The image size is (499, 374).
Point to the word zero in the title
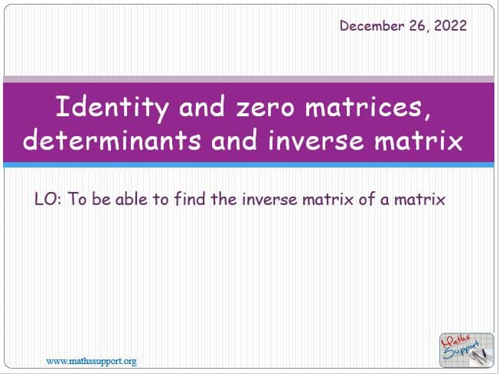[265, 108]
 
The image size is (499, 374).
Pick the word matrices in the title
[367, 107]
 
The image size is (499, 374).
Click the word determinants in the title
[112, 140]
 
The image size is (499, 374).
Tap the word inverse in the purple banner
[315, 141]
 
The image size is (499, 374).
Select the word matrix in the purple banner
[418, 141]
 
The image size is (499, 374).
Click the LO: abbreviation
[47, 200]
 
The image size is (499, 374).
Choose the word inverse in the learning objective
[269, 200]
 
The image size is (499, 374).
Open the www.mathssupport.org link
[91, 361]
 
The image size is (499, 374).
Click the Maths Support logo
[467, 350]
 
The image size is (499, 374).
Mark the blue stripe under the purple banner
[249, 164]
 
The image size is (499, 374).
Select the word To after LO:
[77, 200]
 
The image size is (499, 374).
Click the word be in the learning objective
[102, 199]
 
